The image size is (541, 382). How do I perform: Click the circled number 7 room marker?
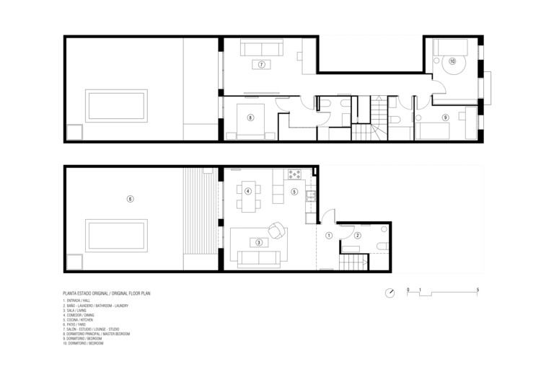tap(261, 64)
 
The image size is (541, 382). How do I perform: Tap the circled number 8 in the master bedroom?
tap(250, 117)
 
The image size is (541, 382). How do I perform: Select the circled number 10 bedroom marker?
tap(452, 62)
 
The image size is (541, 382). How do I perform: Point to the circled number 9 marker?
tap(445, 117)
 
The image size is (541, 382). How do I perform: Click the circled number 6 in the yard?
tap(130, 198)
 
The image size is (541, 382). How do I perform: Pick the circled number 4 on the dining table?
tap(247, 191)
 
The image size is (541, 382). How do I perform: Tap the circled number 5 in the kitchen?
tap(294, 192)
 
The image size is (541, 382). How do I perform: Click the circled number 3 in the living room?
tap(258, 242)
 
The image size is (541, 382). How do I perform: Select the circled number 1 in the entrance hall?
tap(328, 235)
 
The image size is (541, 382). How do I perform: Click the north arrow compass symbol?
tap(390, 293)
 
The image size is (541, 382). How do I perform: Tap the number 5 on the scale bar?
tap(478, 288)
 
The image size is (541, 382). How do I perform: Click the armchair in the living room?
tap(276, 230)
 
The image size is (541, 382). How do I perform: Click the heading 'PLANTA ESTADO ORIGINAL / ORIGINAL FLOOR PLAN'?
tap(112, 293)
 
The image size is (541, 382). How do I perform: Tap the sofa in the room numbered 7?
tap(261, 49)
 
